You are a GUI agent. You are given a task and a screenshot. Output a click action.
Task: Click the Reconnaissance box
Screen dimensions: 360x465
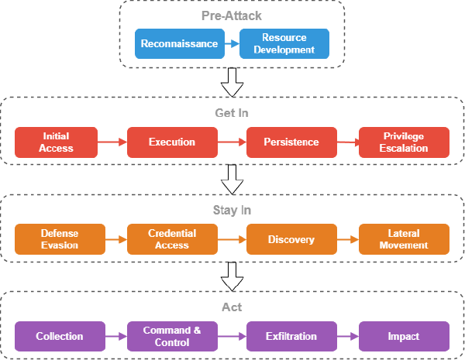pyautogui.click(x=180, y=44)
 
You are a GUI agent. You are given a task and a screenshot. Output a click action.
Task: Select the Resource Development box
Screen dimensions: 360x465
pyautogui.click(x=284, y=44)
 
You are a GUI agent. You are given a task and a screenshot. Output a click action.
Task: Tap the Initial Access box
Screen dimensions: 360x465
pyautogui.click(x=56, y=142)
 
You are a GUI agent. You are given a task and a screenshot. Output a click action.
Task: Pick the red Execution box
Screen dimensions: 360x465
pyautogui.click(x=172, y=142)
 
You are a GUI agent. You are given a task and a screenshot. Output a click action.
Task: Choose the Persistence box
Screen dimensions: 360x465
pyautogui.click(x=291, y=142)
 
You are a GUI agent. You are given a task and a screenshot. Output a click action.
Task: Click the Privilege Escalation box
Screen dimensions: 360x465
pyautogui.click(x=404, y=142)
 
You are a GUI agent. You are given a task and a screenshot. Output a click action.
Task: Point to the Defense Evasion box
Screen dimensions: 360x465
pyautogui.click(x=60, y=239)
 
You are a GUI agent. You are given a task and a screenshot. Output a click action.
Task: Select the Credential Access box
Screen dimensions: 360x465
pyautogui.click(x=172, y=239)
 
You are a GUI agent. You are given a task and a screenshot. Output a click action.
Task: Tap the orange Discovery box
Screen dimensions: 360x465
pyautogui.click(x=291, y=239)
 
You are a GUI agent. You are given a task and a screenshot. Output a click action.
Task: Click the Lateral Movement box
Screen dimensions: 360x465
pyautogui.click(x=404, y=239)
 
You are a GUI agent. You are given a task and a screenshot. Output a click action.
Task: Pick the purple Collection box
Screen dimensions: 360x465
pyautogui.click(x=60, y=337)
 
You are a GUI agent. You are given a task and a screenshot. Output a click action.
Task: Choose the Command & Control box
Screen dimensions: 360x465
pyautogui.click(x=172, y=337)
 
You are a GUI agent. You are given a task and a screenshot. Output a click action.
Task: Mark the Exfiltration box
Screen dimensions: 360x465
pyautogui.click(x=291, y=337)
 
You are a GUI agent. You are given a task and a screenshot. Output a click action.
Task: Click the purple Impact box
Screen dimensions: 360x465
pyautogui.click(x=404, y=337)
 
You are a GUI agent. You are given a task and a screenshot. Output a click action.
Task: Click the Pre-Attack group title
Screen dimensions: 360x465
pyautogui.click(x=232, y=15)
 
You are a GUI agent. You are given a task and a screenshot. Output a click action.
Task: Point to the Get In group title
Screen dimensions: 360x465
pyautogui.click(x=232, y=113)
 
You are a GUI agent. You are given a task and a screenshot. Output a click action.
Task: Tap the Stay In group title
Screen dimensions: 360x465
pyautogui.click(x=232, y=210)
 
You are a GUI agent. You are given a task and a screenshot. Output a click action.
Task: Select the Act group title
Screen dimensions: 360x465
pyautogui.click(x=232, y=307)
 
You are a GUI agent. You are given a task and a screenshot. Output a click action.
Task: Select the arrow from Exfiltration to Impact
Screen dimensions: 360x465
pyautogui.click(x=347, y=337)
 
